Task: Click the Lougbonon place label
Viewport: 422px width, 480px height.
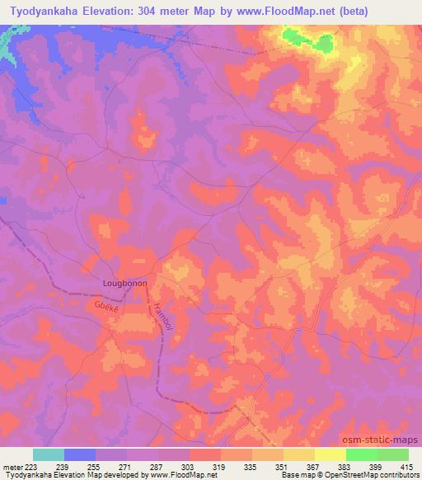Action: click(124, 282)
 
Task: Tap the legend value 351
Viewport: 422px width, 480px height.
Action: click(284, 467)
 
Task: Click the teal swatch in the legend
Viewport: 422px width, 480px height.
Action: click(49, 454)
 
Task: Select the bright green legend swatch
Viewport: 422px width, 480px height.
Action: click(362, 454)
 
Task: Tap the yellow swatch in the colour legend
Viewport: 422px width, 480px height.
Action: click(331, 454)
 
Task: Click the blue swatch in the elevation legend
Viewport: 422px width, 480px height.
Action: click(80, 454)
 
